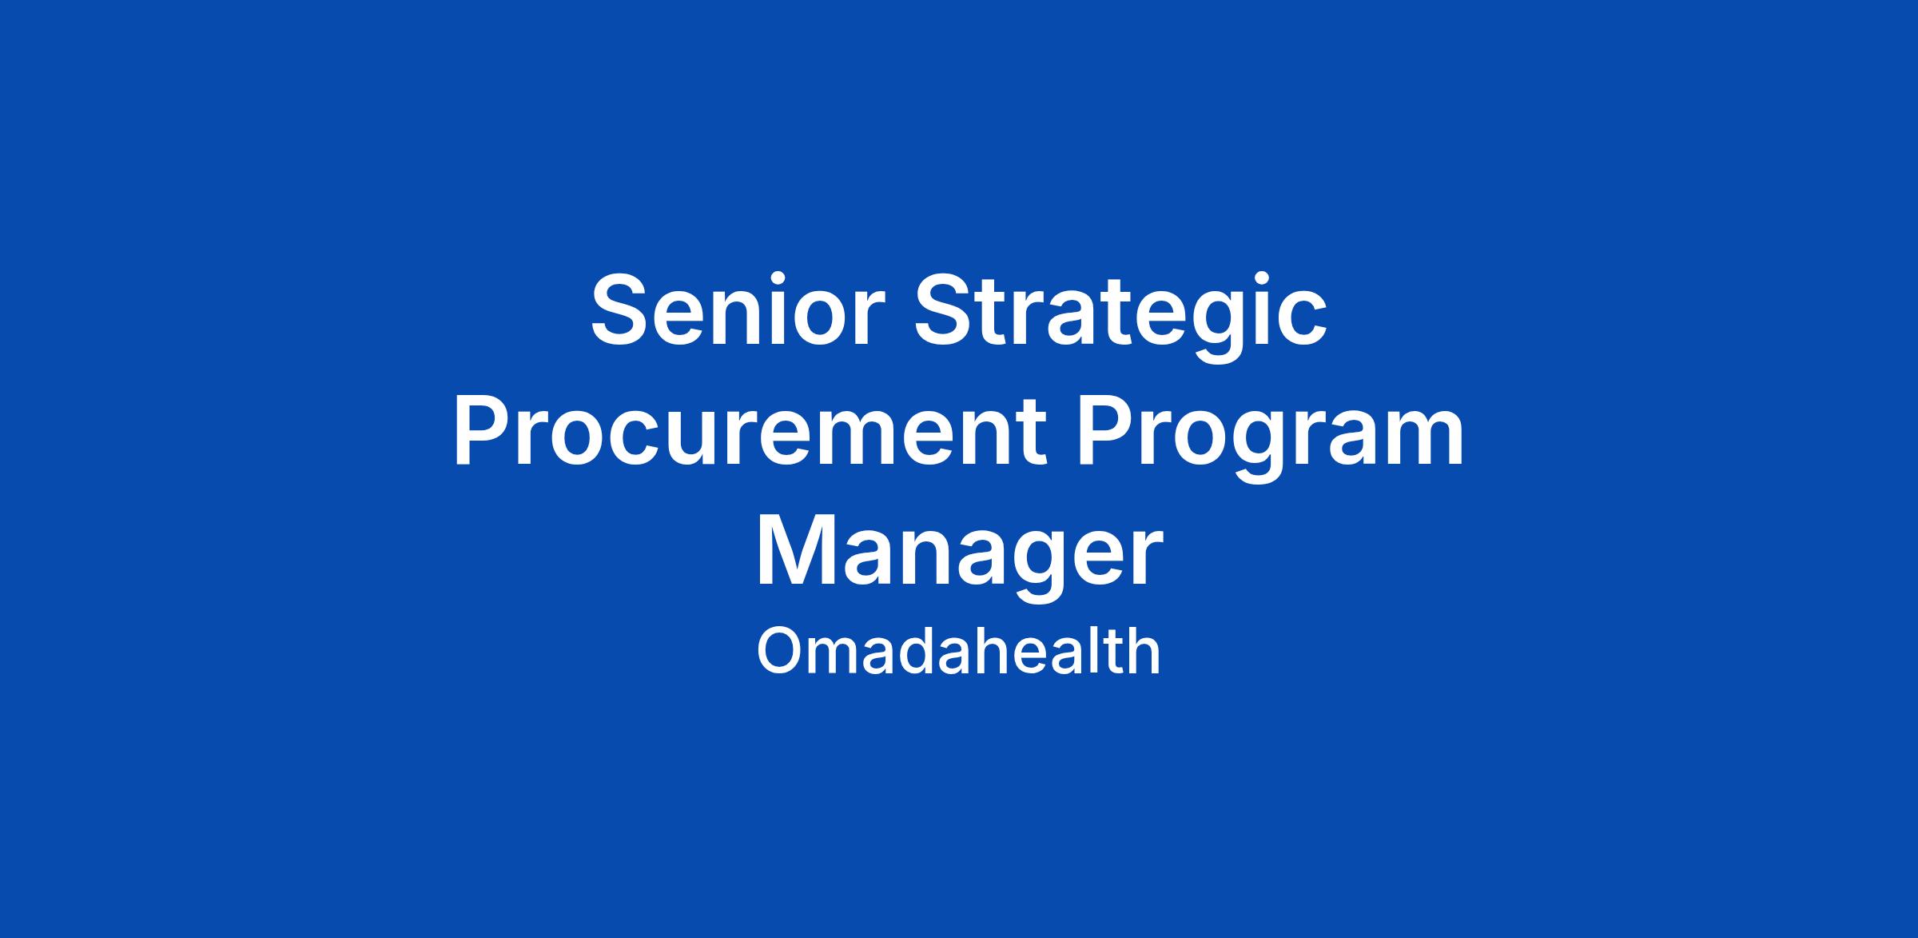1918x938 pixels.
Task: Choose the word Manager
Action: pos(959,556)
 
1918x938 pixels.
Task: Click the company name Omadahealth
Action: pos(958,652)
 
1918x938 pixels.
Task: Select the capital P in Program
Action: pos(1106,430)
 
